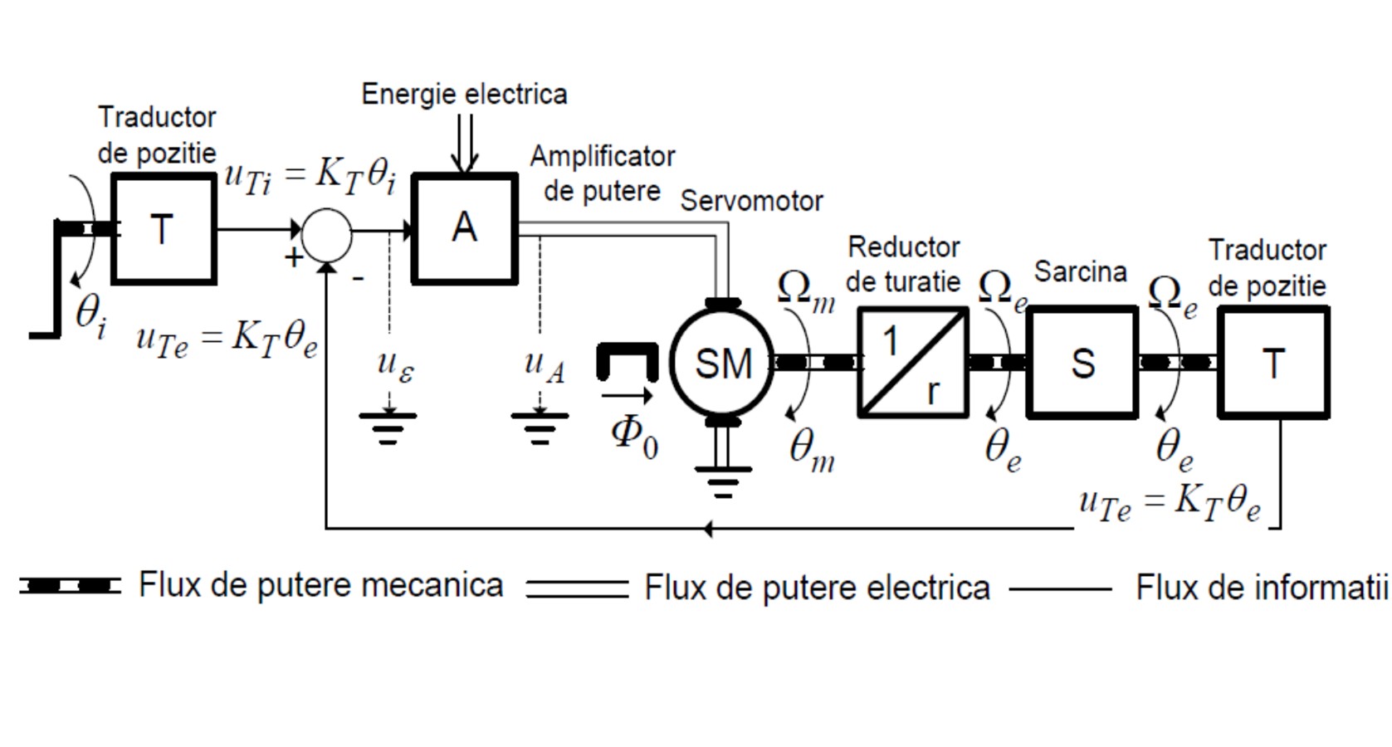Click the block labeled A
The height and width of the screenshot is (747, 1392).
click(x=465, y=229)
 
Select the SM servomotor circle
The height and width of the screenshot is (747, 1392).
click(x=722, y=363)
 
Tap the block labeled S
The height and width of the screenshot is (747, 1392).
click(x=1082, y=363)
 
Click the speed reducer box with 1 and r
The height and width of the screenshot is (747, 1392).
click(x=913, y=363)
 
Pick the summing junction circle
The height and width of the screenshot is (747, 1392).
click(x=327, y=235)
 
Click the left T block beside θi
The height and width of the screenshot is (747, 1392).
click(x=164, y=229)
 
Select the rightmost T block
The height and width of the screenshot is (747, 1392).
click(x=1273, y=363)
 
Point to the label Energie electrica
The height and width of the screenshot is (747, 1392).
click(x=464, y=94)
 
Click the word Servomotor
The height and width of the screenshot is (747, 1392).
click(x=751, y=201)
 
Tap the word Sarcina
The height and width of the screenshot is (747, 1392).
click(x=1080, y=271)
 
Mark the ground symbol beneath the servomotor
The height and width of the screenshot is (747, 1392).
click(x=722, y=480)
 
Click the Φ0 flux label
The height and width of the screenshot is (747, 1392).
click(x=634, y=435)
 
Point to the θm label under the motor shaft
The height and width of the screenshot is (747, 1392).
click(x=812, y=451)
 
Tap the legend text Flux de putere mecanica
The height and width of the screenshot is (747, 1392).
click(x=320, y=585)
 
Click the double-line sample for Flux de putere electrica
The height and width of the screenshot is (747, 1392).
click(x=577, y=588)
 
